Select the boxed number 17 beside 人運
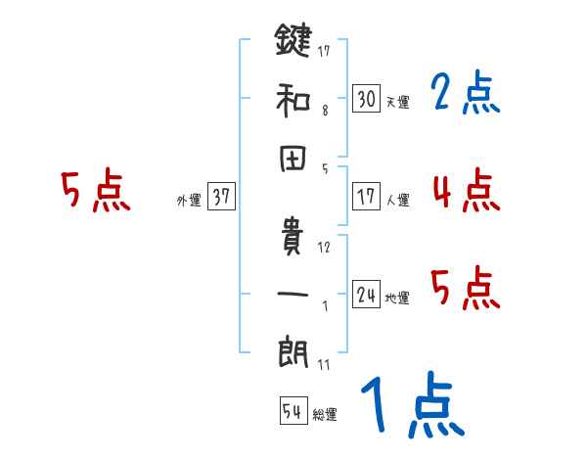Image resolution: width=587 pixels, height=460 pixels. pos(367,197)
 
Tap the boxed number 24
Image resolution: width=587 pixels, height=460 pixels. pos(367,295)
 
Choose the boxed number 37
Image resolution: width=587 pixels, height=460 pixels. pos(221,197)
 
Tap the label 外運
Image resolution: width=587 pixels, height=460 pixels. pos(189,201)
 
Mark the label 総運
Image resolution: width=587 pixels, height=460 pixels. pos(325,415)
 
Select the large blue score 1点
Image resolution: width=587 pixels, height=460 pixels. pos(412,406)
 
